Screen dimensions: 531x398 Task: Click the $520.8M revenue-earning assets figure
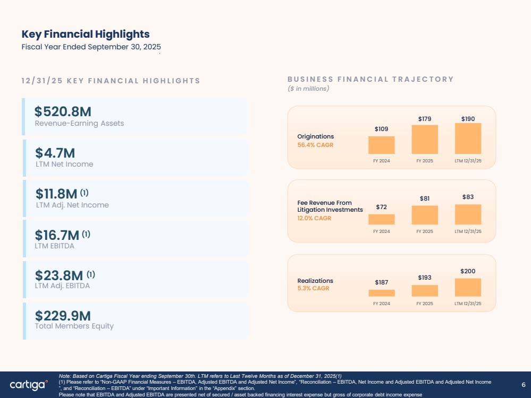(x=63, y=111)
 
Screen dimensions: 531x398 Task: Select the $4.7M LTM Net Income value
(x=55, y=153)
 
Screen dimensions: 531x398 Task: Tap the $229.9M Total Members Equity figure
(x=63, y=316)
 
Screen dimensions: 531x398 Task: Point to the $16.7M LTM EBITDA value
(x=57, y=235)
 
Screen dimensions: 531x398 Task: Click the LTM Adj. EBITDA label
(x=62, y=285)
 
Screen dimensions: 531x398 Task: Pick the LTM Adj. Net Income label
(x=72, y=205)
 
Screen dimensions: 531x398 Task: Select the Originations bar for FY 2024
(x=381, y=145)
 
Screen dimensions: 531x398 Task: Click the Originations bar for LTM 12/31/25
(x=468, y=139)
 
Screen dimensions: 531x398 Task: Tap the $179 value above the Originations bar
(x=425, y=119)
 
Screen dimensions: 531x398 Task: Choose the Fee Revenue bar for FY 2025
(x=425, y=215)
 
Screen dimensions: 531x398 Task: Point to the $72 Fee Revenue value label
(x=381, y=207)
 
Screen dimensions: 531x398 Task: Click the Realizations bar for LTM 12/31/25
(x=468, y=288)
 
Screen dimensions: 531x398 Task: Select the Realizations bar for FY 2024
(x=381, y=293)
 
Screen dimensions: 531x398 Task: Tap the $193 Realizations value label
(x=425, y=278)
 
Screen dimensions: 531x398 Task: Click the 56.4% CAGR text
(x=315, y=145)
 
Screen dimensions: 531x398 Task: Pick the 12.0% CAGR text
(x=314, y=218)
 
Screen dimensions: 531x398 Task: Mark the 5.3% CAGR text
(x=313, y=288)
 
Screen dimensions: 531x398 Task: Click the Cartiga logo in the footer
(x=29, y=385)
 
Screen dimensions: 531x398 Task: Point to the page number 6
(x=524, y=385)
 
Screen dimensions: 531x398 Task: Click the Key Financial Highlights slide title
(x=86, y=34)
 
